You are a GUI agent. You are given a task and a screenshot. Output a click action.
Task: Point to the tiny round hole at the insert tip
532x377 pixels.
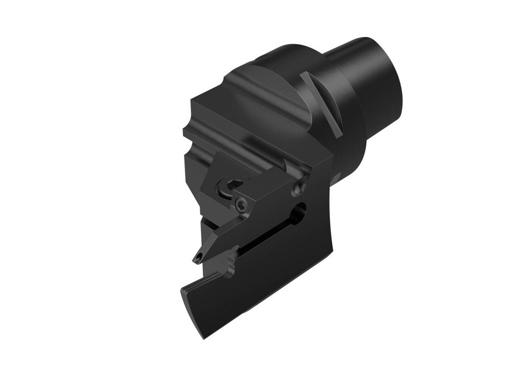point(198,257)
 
